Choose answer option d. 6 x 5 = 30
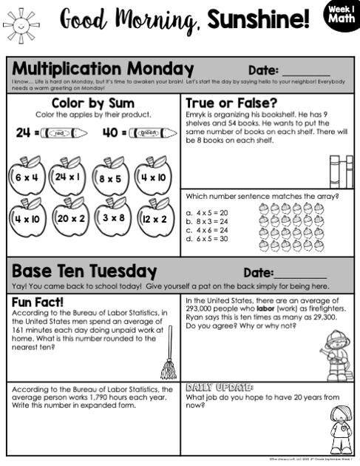(x=208, y=238)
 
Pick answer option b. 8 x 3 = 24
(x=208, y=221)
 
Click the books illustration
(x=341, y=171)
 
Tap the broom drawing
(x=169, y=355)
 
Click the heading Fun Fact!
(x=38, y=302)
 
